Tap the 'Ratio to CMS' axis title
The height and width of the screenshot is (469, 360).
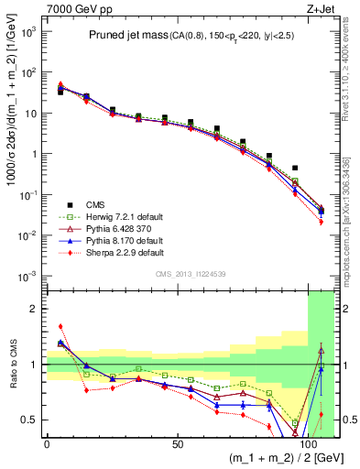click(x=12, y=364)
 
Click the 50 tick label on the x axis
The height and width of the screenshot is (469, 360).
click(x=177, y=444)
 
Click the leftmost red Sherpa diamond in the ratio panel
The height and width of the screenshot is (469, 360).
click(x=60, y=326)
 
